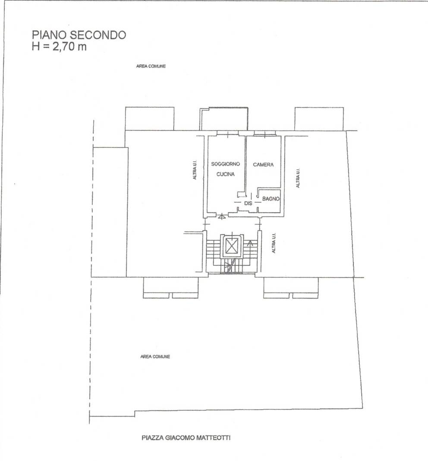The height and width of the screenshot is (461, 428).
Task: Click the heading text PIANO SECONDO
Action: (x=79, y=35)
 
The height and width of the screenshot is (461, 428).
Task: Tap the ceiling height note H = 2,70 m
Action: (x=59, y=47)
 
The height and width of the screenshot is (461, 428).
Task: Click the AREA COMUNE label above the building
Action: (x=151, y=66)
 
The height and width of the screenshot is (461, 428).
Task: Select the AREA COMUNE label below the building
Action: (x=155, y=356)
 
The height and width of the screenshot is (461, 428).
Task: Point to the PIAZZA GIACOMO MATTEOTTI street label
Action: (x=186, y=438)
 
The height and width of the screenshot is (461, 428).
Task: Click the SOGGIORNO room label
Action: (x=226, y=164)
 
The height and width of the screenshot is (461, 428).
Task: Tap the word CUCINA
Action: (x=226, y=174)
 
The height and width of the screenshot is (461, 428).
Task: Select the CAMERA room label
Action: (x=263, y=165)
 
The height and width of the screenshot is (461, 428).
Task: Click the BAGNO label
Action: (x=271, y=199)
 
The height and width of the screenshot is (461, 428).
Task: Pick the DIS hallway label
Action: (x=248, y=203)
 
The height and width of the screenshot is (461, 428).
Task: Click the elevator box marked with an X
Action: (x=231, y=246)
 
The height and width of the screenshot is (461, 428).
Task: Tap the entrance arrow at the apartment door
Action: (x=222, y=216)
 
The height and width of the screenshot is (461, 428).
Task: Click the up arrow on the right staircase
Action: (x=250, y=243)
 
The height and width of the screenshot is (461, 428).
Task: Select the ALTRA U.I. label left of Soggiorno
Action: (x=195, y=170)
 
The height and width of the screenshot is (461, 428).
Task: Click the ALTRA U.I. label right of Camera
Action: (x=298, y=178)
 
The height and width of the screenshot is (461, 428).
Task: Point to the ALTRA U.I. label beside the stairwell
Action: (x=274, y=243)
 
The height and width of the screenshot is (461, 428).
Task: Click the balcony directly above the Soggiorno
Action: (x=223, y=119)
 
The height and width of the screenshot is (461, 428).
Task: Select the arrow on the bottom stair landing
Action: (x=228, y=267)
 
